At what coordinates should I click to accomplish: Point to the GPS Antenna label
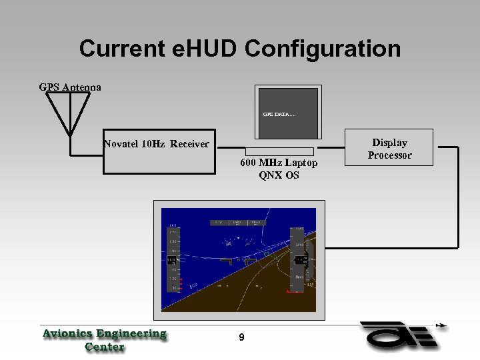70,87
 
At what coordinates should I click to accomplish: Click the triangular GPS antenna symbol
68,110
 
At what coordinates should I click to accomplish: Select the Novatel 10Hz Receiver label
156,144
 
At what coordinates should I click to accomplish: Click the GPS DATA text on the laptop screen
279,115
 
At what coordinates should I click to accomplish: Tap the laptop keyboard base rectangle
280,151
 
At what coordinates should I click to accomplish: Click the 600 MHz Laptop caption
279,163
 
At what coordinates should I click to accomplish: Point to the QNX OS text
279,176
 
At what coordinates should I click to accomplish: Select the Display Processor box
390,149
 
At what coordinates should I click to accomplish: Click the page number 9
241,338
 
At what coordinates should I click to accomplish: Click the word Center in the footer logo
105,347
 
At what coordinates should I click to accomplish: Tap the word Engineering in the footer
131,333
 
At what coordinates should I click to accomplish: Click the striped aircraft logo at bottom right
400,337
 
